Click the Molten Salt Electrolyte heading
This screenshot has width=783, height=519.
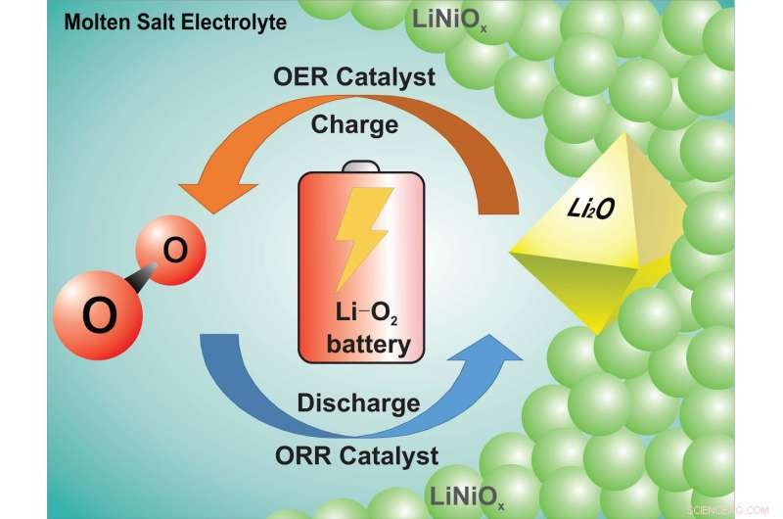[x=175, y=23]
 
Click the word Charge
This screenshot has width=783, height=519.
[x=354, y=124]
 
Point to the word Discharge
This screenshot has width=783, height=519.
[x=358, y=402]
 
